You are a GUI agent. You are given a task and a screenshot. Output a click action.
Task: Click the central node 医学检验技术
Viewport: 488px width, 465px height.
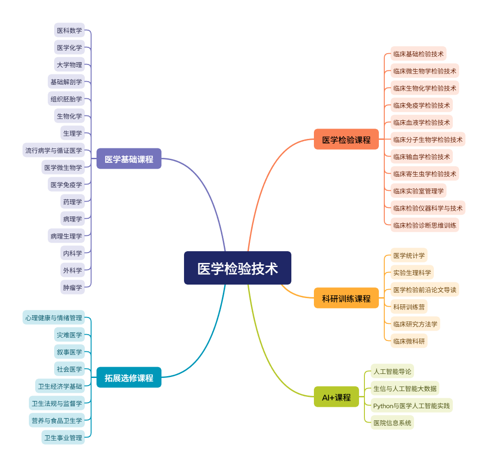237,268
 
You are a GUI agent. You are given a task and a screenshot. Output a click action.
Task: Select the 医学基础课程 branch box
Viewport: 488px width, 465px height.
129,159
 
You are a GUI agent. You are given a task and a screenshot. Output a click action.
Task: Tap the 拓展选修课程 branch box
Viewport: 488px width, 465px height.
129,378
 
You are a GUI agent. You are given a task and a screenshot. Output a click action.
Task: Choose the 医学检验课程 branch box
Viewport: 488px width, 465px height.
346,139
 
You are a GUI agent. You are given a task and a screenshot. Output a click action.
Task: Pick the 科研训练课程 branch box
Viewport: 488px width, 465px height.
346,298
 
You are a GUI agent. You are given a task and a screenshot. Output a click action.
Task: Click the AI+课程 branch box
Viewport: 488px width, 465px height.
336,397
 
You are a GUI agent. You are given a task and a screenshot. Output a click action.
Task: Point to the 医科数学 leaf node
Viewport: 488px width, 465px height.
69,30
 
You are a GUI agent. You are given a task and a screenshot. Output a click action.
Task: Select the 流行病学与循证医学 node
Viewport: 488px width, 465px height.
54,150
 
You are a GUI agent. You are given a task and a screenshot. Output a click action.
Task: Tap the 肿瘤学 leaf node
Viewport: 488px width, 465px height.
73,287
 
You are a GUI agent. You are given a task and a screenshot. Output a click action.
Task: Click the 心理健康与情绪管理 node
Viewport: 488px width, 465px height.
54,318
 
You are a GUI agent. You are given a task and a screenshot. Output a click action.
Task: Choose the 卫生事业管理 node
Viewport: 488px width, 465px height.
63,437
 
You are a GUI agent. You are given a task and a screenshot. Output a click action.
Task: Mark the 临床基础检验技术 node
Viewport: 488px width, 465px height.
418,54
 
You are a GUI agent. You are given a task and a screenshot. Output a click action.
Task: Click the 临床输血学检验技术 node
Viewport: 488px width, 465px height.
421,157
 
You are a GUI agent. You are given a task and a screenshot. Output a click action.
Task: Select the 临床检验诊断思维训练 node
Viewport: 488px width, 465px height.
424,225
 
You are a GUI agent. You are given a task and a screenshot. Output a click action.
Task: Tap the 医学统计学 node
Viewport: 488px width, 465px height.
409,255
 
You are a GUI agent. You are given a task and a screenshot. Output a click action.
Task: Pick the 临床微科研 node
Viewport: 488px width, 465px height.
409,341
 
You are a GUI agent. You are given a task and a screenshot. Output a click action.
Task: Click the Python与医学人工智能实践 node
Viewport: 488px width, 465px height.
411,405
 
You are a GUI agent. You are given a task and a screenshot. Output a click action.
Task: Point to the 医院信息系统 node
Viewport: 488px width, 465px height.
392,423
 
